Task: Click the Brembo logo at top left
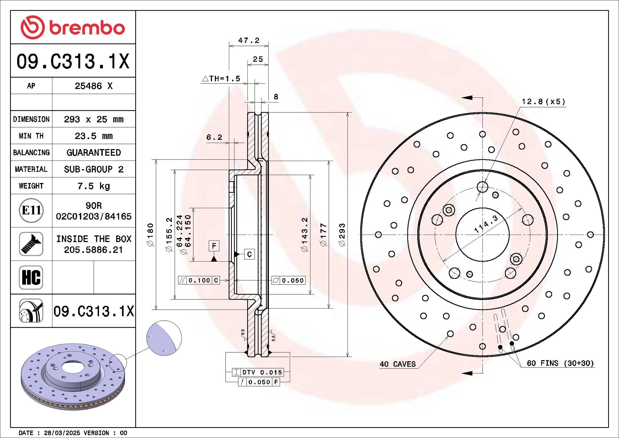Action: pyautogui.click(x=73, y=27)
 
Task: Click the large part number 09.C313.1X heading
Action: pyautogui.click(x=73, y=62)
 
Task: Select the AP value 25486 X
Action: pyautogui.click(x=94, y=86)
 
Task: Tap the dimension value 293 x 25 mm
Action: pyautogui.click(x=94, y=119)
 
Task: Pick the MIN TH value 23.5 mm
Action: pyautogui.click(x=94, y=136)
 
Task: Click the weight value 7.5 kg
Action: pyautogui.click(x=94, y=186)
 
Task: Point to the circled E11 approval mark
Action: pyautogui.click(x=31, y=210)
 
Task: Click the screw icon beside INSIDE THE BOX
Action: pyautogui.click(x=31, y=244)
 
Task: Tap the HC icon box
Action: pyautogui.click(x=31, y=277)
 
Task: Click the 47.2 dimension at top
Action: pyautogui.click(x=249, y=41)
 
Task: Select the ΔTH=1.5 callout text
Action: pyautogui.click(x=221, y=79)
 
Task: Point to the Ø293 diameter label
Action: pyautogui.click(x=342, y=235)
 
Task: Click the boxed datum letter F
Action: pyautogui.click(x=214, y=245)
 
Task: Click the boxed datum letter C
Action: pyautogui.click(x=249, y=254)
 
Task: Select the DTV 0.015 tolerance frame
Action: pyautogui.click(x=258, y=372)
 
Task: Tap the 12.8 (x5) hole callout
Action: pyautogui.click(x=543, y=102)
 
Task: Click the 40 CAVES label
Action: pyautogui.click(x=397, y=364)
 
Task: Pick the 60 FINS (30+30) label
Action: pyautogui.click(x=560, y=363)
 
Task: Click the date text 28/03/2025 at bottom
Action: pyautogui.click(x=62, y=433)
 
